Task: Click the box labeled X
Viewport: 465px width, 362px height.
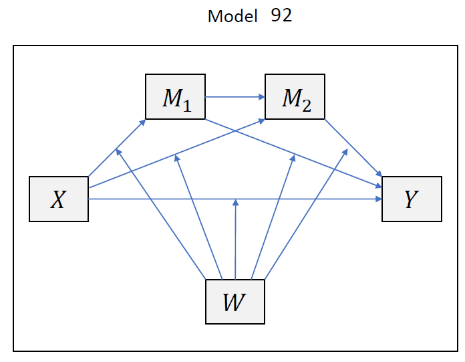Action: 59,199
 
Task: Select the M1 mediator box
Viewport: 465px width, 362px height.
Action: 175,98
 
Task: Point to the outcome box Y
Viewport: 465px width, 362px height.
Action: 412,199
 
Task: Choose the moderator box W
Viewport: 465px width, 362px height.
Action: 235,300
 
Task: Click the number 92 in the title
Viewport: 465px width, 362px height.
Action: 281,16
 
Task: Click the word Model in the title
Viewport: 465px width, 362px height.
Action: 232,17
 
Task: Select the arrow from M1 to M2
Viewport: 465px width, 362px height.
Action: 234,98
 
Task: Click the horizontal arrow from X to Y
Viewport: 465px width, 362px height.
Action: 167,199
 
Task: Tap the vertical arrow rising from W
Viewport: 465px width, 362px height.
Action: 235,241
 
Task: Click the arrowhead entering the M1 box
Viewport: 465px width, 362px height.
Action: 144,122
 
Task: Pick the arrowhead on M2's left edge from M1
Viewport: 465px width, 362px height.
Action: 262,98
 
